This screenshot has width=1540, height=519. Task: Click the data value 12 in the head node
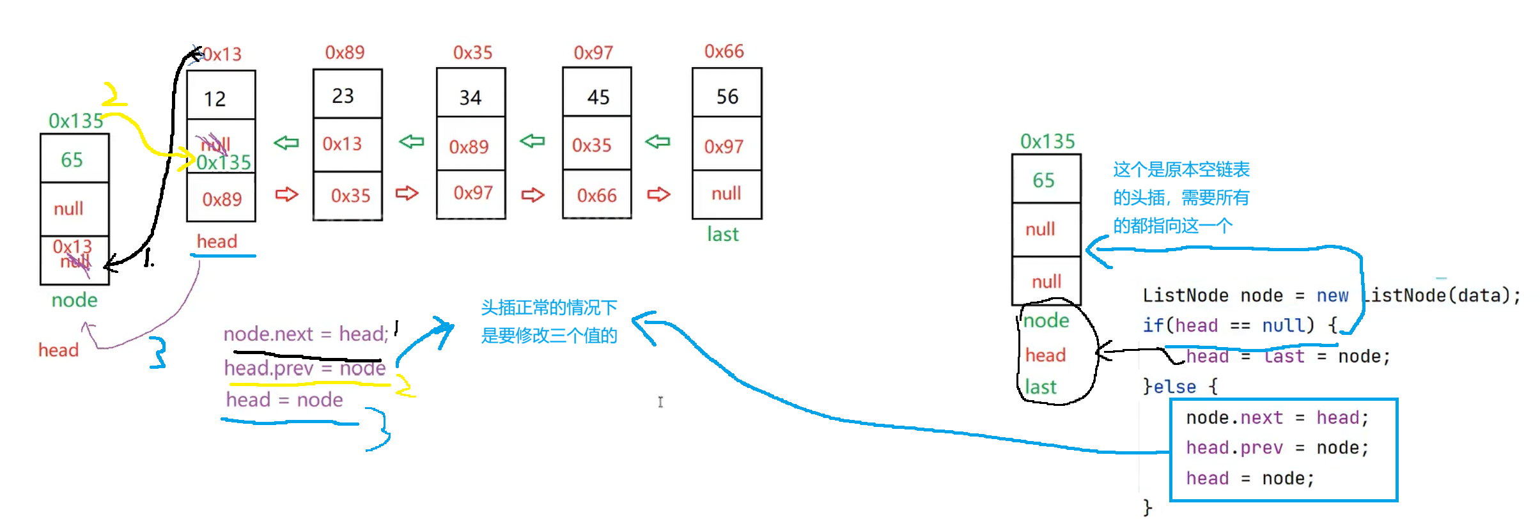pyautogui.click(x=215, y=99)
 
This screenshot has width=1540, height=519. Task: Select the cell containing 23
pyautogui.click(x=343, y=96)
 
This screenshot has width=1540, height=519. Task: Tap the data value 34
pyautogui.click(x=471, y=98)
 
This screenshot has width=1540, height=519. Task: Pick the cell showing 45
pyautogui.click(x=598, y=97)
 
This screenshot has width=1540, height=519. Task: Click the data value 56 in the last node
pyautogui.click(x=727, y=97)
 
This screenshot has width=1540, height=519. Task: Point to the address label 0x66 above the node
pyautogui.click(x=724, y=51)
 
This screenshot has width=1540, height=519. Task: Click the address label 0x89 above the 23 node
pyautogui.click(x=345, y=52)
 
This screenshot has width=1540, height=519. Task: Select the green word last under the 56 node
pyautogui.click(x=723, y=235)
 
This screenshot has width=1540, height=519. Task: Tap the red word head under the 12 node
pyautogui.click(x=217, y=242)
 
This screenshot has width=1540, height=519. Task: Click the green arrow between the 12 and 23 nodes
pyautogui.click(x=286, y=143)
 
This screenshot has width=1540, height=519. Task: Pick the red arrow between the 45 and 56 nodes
pyautogui.click(x=658, y=194)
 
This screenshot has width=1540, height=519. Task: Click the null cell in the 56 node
pyautogui.click(x=727, y=194)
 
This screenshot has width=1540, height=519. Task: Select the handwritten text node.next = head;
pyautogui.click(x=306, y=334)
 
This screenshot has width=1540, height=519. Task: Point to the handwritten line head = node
pyautogui.click(x=284, y=400)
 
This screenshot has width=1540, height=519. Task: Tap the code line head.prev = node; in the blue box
pyautogui.click(x=1277, y=448)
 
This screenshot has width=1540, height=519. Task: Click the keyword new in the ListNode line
pyautogui.click(x=1332, y=296)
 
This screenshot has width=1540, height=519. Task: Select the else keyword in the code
pyautogui.click(x=1174, y=387)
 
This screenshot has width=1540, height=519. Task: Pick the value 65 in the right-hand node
pyautogui.click(x=1044, y=180)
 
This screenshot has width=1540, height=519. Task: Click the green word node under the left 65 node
pyautogui.click(x=75, y=300)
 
